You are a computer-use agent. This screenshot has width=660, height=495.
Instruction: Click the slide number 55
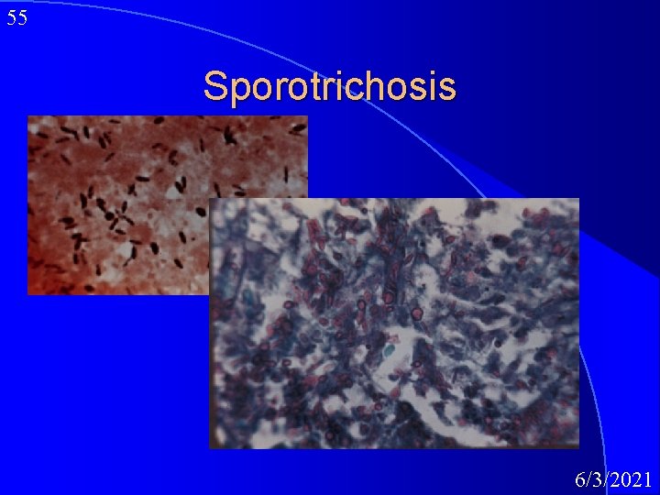tap(17, 18)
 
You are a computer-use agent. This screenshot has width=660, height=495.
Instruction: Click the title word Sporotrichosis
tap(329, 86)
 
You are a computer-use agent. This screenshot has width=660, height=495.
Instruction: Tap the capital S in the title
tap(215, 86)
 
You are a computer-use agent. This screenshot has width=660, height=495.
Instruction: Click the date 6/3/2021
tap(613, 478)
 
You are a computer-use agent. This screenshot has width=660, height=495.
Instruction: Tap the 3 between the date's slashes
tap(597, 478)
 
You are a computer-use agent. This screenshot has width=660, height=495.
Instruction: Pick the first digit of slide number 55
tap(12, 18)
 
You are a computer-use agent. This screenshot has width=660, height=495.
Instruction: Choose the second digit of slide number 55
tap(23, 18)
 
